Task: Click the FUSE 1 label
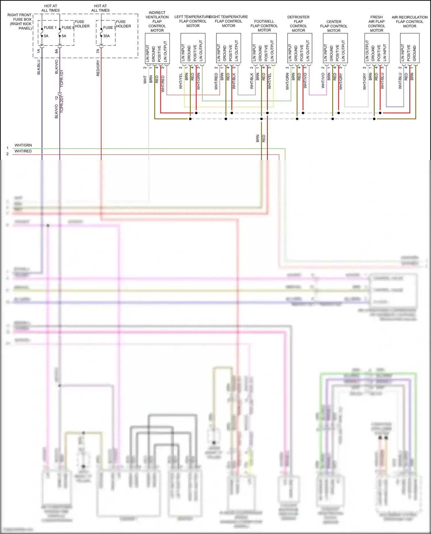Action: pyautogui.click(x=50, y=28)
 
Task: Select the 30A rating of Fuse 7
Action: pyautogui.click(x=106, y=36)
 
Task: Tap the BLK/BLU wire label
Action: pyautogui.click(x=39, y=67)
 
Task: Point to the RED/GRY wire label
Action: pyautogui.click(x=98, y=68)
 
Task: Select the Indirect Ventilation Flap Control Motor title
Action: pyautogui.click(x=157, y=22)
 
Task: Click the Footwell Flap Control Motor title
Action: pyautogui.click(x=264, y=26)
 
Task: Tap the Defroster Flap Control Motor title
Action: pyautogui.click(x=298, y=24)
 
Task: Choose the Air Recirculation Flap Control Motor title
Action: pyautogui.click(x=409, y=22)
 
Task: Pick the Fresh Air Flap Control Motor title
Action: pyautogui.click(x=376, y=24)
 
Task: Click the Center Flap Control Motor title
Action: pyautogui.click(x=334, y=26)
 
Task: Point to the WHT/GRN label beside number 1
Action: pyautogui.click(x=23, y=145)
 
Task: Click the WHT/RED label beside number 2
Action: pyautogui.click(x=23, y=151)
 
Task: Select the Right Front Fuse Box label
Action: pyautogui.click(x=20, y=22)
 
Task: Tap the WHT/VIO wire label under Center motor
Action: pyautogui.click(x=323, y=81)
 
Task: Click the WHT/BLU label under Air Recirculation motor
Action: pyautogui.click(x=400, y=81)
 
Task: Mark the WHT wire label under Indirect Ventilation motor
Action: pyautogui.click(x=145, y=79)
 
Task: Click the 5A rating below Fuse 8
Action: pyautogui.click(x=64, y=36)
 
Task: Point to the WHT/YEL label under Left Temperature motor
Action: pyautogui.click(x=181, y=81)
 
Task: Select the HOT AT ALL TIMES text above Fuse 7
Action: pyautogui.click(x=100, y=8)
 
